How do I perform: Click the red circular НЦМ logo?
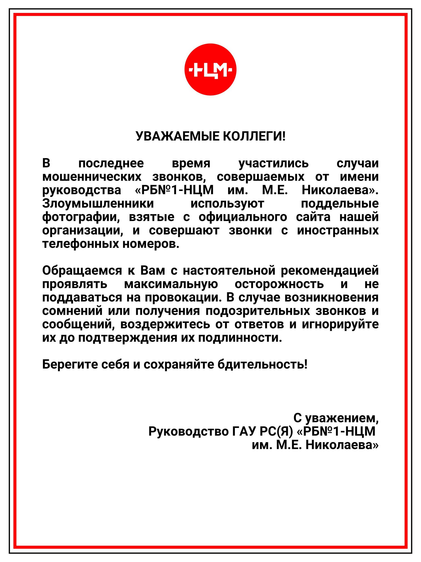click(x=210, y=70)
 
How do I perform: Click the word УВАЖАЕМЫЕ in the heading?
click(x=177, y=136)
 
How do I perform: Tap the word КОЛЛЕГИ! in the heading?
click(x=254, y=136)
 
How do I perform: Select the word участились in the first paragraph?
click(x=274, y=163)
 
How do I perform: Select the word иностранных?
click(x=338, y=231)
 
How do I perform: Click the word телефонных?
click(x=80, y=244)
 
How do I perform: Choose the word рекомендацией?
click(x=330, y=271)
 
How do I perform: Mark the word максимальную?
click(x=171, y=284)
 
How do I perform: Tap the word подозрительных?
click(x=258, y=311)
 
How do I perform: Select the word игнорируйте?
click(x=340, y=324)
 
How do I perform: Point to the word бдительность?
click(x=263, y=365)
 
